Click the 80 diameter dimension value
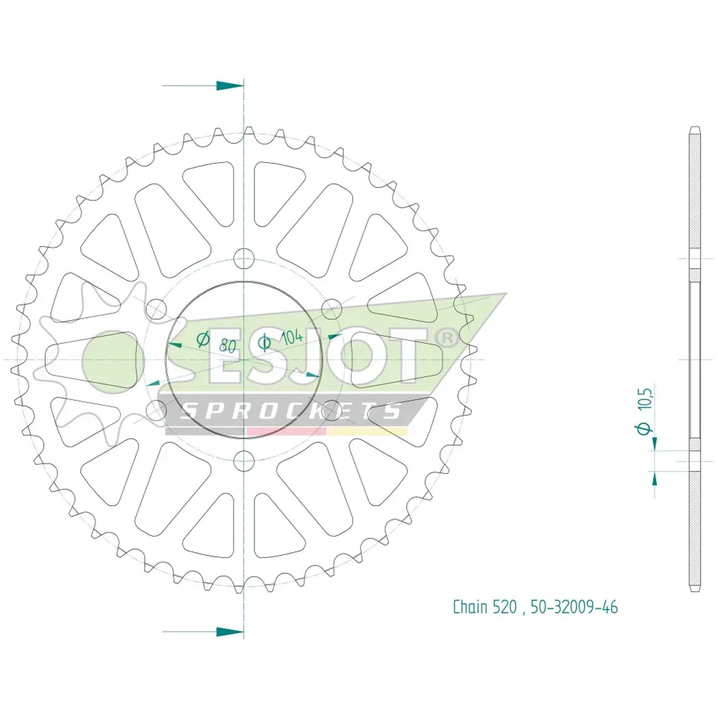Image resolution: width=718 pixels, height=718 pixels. click(x=228, y=345)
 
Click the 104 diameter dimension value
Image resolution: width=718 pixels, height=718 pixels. click(x=292, y=337)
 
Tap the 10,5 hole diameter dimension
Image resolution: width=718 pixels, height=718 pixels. click(x=645, y=399)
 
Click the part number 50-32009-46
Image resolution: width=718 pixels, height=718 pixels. click(x=574, y=607)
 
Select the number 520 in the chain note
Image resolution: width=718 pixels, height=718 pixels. click(x=504, y=607)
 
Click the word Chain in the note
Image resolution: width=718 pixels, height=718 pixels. click(x=470, y=606)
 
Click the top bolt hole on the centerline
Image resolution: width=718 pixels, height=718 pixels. click(x=244, y=258)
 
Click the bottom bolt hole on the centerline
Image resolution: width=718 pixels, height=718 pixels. click(x=244, y=460)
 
